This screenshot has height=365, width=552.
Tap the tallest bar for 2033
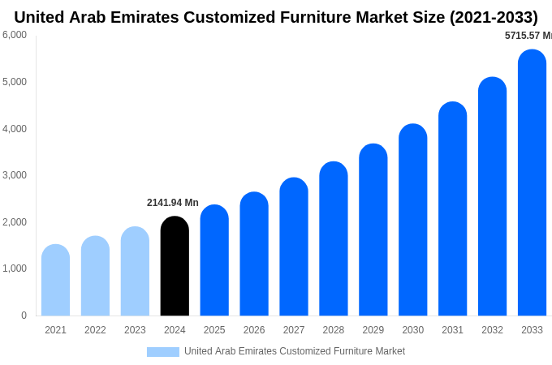pos(532,182)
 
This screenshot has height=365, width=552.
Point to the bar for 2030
pos(412,220)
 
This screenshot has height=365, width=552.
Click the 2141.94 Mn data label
pos(173,203)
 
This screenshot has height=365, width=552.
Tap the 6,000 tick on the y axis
pos(15,35)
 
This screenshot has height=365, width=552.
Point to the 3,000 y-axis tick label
pos(15,175)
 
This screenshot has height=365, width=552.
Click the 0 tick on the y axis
pos(24,316)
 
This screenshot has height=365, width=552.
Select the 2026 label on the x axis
pos(254,330)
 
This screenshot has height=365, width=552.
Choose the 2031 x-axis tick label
pos(452,330)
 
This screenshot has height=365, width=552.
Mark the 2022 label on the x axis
pos(95,330)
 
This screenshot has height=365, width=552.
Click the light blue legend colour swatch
pos(162,352)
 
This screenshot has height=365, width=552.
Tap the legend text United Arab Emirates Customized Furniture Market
pos(295,351)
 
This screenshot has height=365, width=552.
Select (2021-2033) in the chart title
pos(494,17)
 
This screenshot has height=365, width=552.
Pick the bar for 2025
pos(214,260)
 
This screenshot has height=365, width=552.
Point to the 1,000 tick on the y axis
pos(15,268)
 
